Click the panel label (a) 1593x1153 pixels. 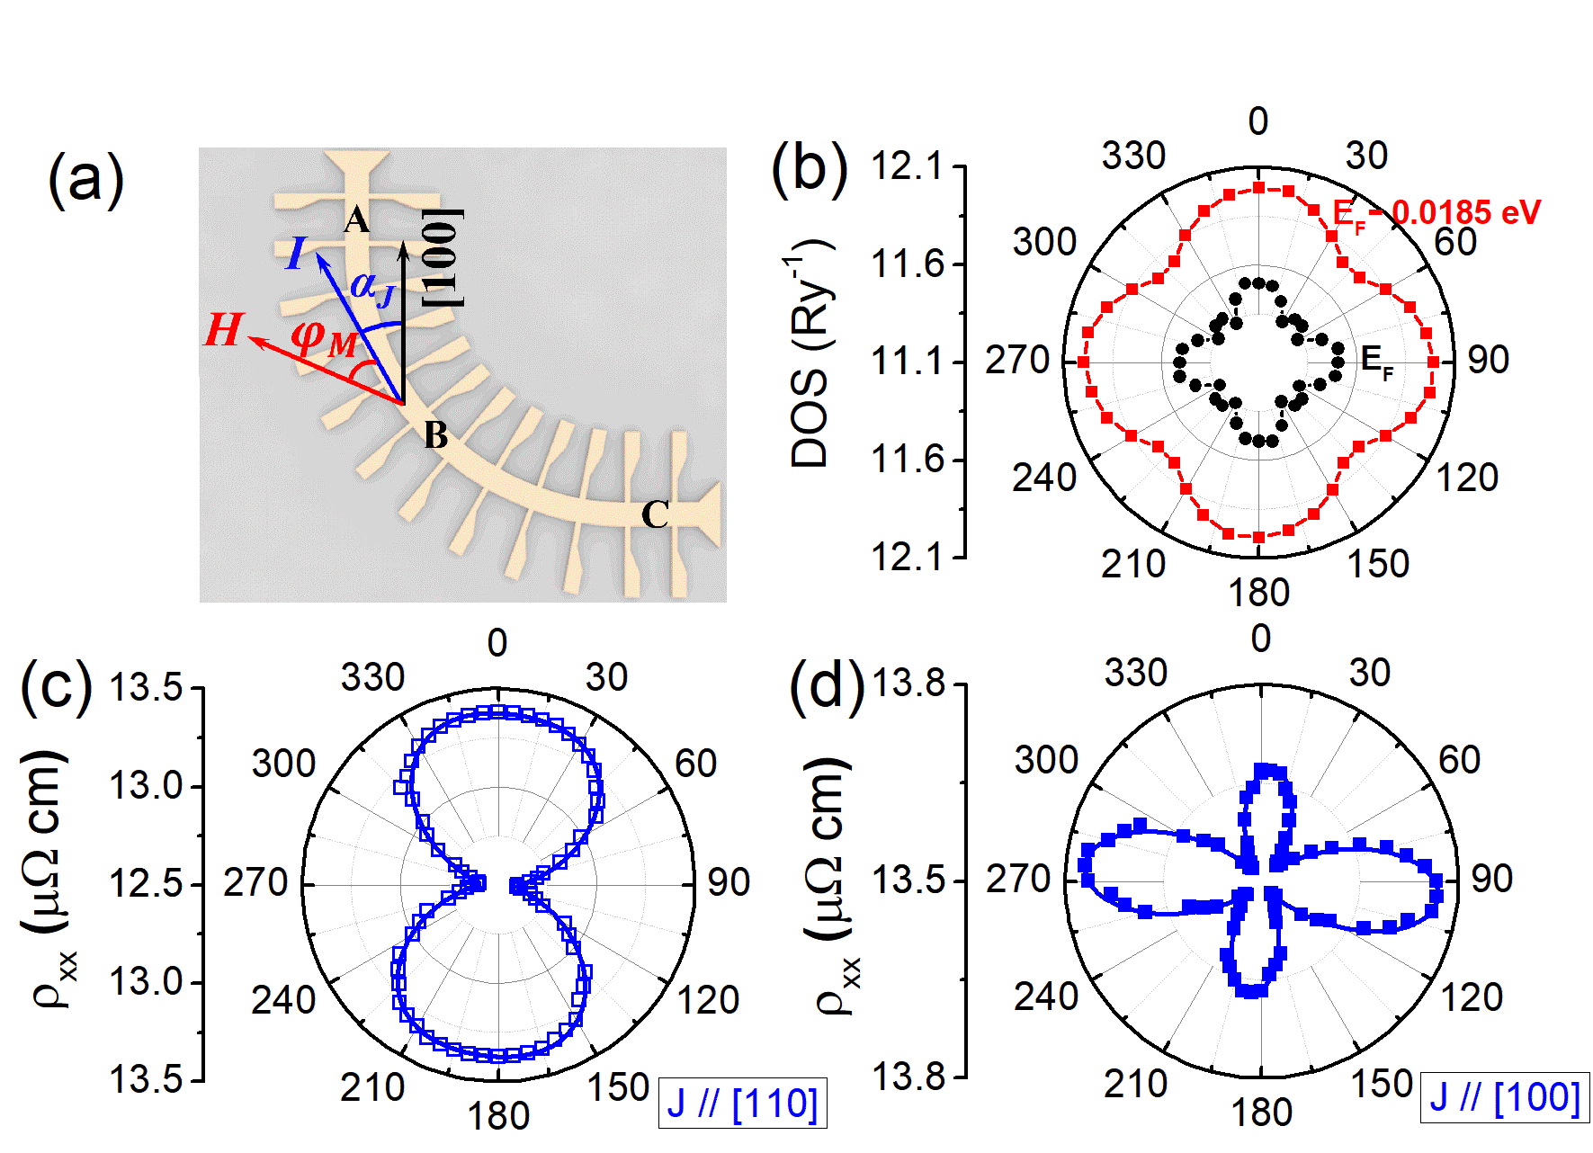85,179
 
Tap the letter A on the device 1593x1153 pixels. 356,220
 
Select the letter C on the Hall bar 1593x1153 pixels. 655,515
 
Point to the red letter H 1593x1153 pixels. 223,330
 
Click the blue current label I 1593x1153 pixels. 296,254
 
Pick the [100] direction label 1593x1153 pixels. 443,258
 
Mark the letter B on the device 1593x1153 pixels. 436,435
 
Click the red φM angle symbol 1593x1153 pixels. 323,339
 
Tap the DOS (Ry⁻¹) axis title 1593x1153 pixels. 809,354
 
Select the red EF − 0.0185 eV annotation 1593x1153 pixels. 1436,214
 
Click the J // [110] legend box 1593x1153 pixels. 742,1103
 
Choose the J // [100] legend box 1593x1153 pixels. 1505,1098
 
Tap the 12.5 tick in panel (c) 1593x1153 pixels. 145,884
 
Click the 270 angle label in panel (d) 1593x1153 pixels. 1018,879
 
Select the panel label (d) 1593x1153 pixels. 826,686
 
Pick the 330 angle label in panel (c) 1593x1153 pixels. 372,677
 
